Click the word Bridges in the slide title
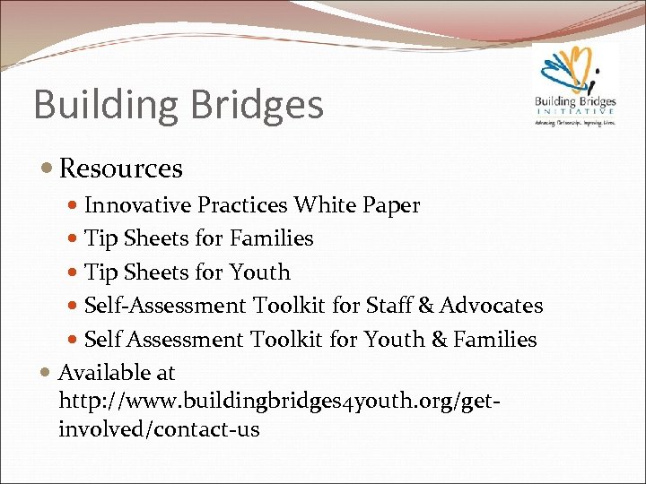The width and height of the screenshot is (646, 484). point(260,105)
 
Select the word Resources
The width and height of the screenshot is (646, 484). point(120,169)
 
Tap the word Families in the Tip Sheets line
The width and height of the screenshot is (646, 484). point(272,238)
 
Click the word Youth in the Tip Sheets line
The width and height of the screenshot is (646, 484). point(260,272)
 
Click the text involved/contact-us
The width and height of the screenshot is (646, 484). point(159,429)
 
